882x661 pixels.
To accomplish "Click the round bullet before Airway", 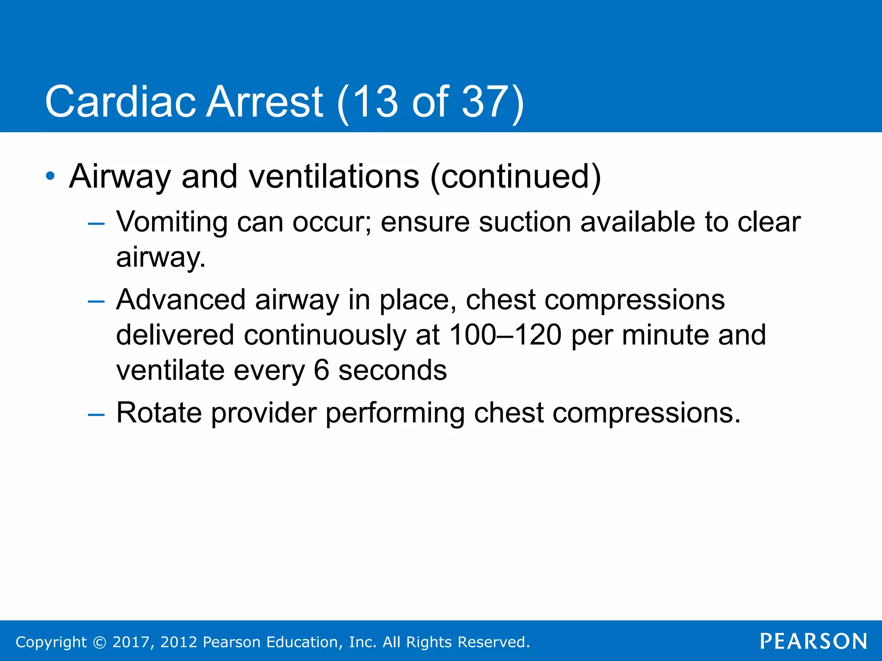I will click(x=50, y=176).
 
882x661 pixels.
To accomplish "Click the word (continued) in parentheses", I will click(x=515, y=176).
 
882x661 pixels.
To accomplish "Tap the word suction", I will click(x=525, y=222).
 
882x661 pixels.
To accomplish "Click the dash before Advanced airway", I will click(x=96, y=301).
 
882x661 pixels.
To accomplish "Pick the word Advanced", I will click(x=181, y=300).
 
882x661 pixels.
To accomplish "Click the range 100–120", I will click(x=505, y=335).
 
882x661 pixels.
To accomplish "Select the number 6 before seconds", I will click(x=321, y=370).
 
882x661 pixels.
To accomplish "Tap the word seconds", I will click(x=392, y=370).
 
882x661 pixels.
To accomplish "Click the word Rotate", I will click(x=159, y=413).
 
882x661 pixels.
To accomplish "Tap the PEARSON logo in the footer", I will click(x=814, y=641).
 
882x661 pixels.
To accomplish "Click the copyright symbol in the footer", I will click(x=99, y=642).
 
